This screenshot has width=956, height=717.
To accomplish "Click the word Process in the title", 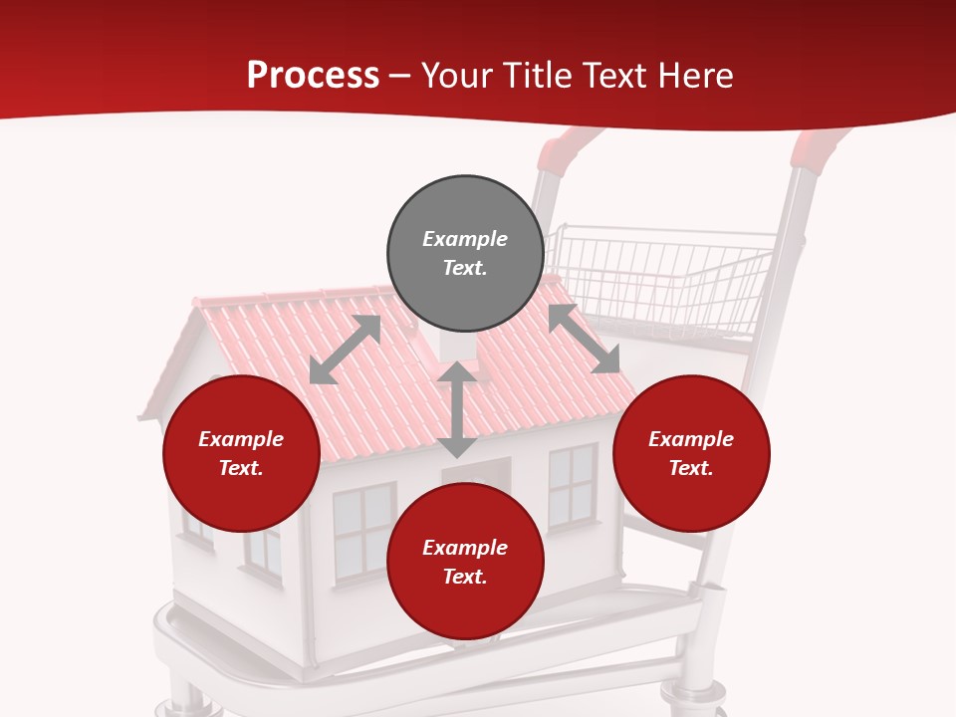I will click(x=313, y=76).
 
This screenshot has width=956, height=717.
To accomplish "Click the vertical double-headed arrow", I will click(x=457, y=410).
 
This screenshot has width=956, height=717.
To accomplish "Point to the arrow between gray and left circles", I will click(x=345, y=350).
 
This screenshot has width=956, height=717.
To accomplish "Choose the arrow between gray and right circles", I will click(x=584, y=339).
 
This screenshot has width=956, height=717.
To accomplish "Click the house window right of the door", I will click(x=572, y=486).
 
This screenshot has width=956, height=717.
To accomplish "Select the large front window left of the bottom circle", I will click(x=362, y=530).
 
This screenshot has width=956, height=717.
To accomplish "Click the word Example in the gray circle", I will click(x=465, y=239).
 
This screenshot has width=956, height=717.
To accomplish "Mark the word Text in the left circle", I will click(x=241, y=468).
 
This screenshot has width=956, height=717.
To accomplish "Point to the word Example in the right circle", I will click(x=691, y=439).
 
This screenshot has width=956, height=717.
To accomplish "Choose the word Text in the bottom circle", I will click(x=465, y=577).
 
